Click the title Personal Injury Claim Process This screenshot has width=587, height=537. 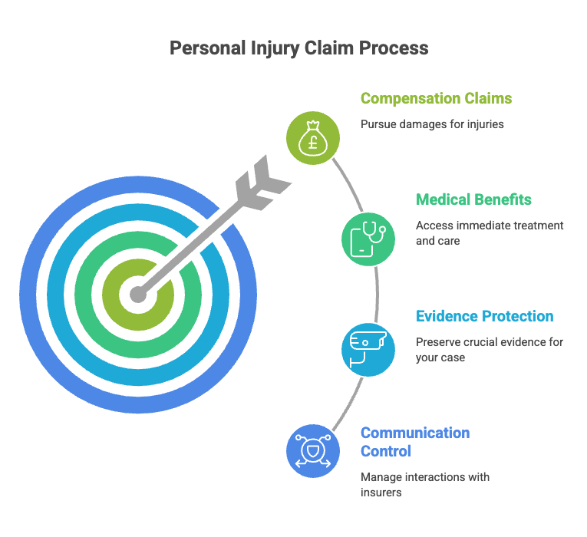point(298,48)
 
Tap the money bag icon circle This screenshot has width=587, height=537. point(313,138)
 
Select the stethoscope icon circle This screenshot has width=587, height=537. point(368,239)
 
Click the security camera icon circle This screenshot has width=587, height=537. point(368,350)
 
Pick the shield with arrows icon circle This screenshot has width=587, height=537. point(313,451)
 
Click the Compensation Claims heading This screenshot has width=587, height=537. point(436,98)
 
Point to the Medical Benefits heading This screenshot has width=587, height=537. point(473,199)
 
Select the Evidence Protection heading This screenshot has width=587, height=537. point(484,316)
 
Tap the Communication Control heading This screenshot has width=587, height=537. point(415,442)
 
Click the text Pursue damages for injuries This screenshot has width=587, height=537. point(432,124)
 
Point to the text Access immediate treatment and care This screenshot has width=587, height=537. point(490,233)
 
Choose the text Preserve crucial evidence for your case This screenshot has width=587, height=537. point(490,350)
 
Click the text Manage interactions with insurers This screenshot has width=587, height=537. point(425,485)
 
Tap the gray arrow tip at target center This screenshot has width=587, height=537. point(138,294)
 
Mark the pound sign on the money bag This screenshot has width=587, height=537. point(313,143)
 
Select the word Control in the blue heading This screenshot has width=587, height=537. point(386,451)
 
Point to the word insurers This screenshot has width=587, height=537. point(381,493)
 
